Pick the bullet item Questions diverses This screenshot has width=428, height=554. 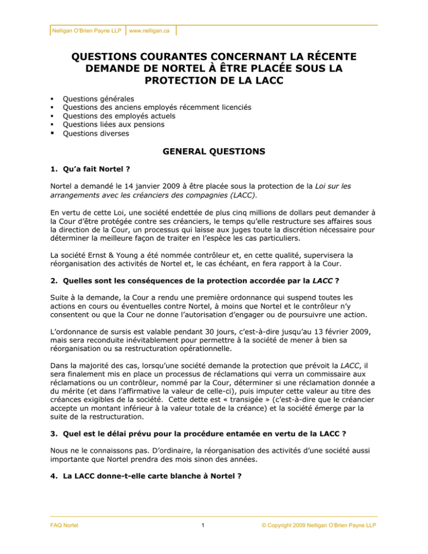coord(97,134)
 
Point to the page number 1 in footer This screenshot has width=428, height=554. coord(214,540)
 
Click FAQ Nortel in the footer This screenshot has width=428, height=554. coord(63,540)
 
